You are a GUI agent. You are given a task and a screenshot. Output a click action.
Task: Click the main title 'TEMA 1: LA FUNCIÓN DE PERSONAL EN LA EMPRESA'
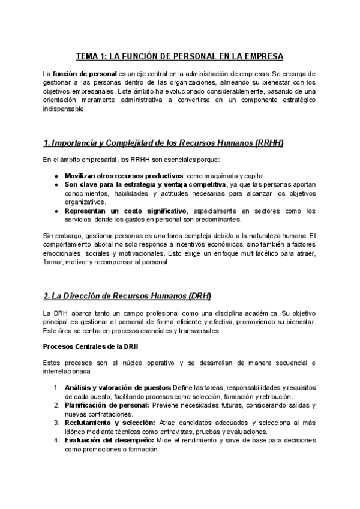179,56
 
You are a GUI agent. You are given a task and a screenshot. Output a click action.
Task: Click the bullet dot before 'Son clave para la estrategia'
56,185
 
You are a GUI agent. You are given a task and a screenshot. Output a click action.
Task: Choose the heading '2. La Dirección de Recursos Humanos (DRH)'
127,297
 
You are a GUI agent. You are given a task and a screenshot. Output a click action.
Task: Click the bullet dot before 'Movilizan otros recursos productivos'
56,175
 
